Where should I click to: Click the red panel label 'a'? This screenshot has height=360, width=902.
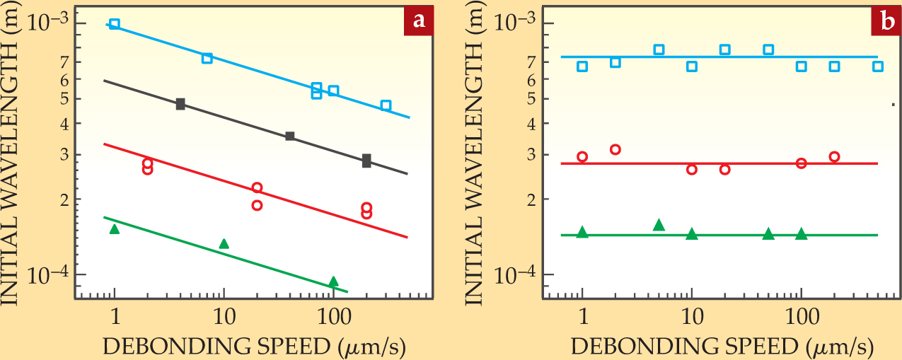pyautogui.click(x=419, y=21)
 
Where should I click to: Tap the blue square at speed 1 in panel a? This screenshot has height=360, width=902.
pyautogui.click(x=115, y=24)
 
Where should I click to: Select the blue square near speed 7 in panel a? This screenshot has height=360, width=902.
pyautogui.click(x=207, y=58)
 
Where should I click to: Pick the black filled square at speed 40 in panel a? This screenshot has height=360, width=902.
pyautogui.click(x=289, y=136)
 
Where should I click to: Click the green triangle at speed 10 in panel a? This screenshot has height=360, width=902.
pyautogui.click(x=224, y=244)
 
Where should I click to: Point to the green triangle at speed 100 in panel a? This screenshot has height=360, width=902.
pyautogui.click(x=333, y=281)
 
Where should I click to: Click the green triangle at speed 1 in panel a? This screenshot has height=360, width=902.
pyautogui.click(x=115, y=229)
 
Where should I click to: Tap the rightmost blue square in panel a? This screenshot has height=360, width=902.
pyautogui.click(x=386, y=105)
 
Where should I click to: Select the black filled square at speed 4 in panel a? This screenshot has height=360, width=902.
pyautogui.click(x=180, y=105)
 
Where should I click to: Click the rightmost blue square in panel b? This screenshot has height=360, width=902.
pyautogui.click(x=878, y=66)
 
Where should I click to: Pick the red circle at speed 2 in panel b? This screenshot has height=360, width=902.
pyautogui.click(x=615, y=149)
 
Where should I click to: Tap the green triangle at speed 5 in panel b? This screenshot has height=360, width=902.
pyautogui.click(x=659, y=225)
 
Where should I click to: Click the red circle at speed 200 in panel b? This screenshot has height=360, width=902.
pyautogui.click(x=834, y=157)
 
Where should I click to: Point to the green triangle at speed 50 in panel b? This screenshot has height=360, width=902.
pyautogui.click(x=768, y=234)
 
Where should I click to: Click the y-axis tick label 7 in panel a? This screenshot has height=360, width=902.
pyautogui.click(x=63, y=62)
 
